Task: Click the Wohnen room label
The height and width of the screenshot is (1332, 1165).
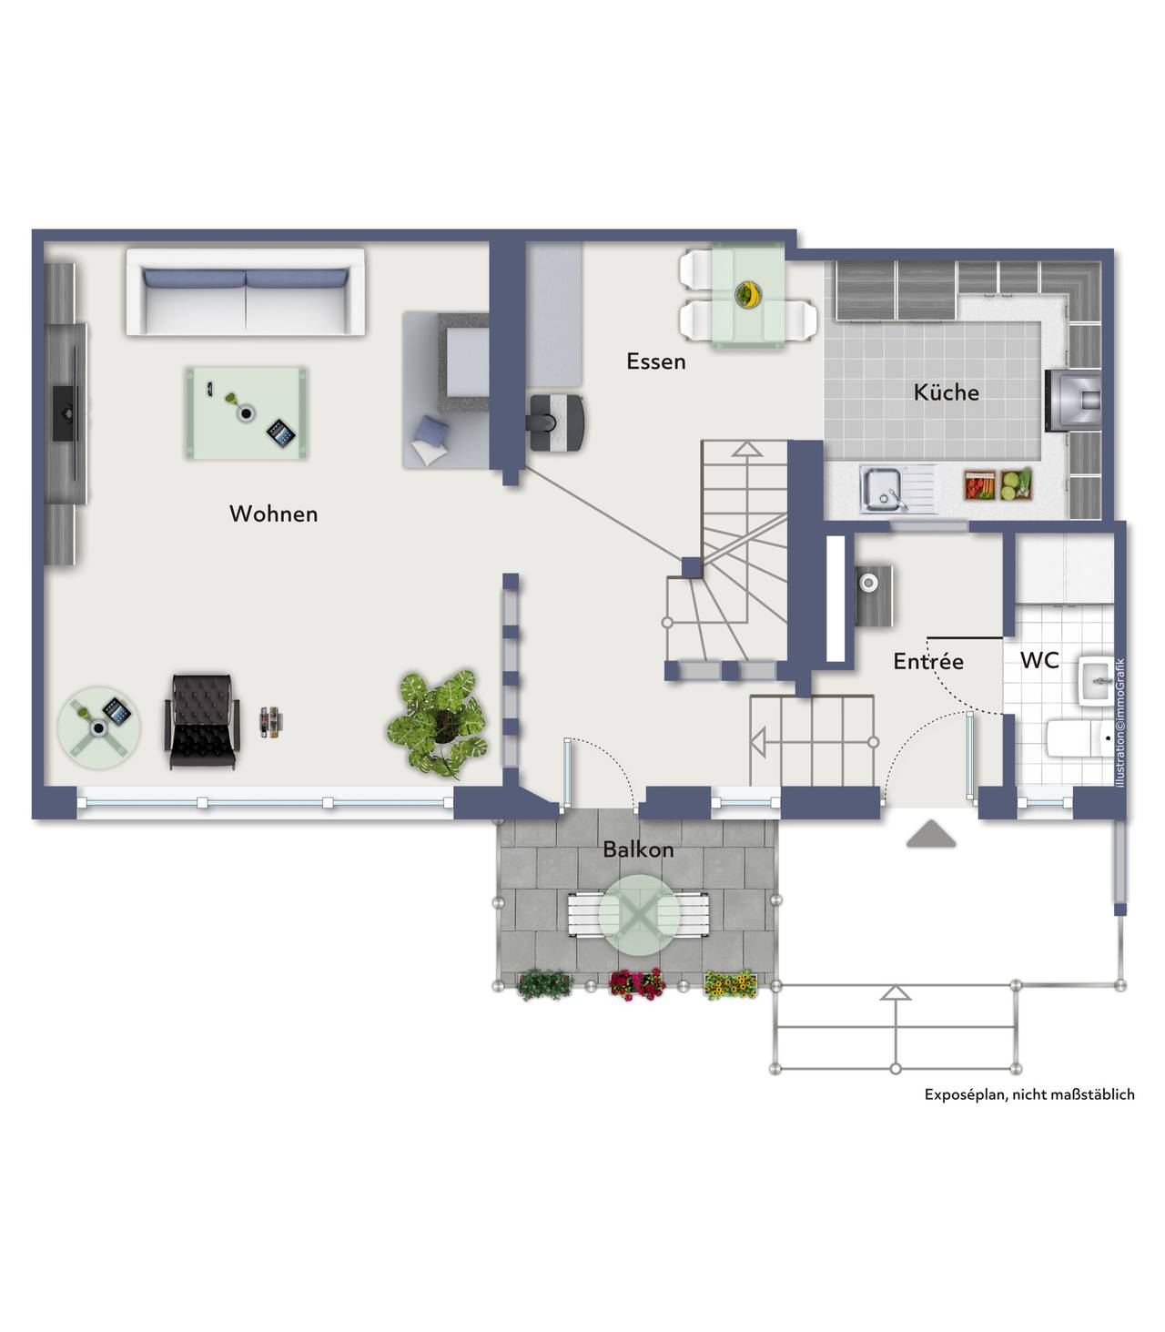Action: click(273, 514)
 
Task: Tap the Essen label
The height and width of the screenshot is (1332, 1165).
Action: click(656, 362)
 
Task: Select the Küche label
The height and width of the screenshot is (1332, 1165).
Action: click(947, 392)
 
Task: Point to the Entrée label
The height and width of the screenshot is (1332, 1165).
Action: click(928, 661)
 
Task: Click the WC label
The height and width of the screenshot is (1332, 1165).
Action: click(1040, 660)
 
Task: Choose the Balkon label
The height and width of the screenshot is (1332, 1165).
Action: click(638, 849)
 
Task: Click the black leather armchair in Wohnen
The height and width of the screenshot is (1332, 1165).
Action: click(203, 722)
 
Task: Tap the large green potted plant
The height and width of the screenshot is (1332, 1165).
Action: click(439, 723)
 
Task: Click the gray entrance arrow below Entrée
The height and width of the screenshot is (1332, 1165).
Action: click(931, 834)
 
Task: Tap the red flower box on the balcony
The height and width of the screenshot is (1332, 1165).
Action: click(637, 984)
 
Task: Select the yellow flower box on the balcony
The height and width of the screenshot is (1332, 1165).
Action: click(731, 985)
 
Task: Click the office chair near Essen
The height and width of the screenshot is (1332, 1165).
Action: click(555, 422)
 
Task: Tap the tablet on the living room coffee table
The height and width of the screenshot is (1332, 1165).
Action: click(282, 433)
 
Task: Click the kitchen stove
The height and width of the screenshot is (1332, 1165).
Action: click(1072, 401)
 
